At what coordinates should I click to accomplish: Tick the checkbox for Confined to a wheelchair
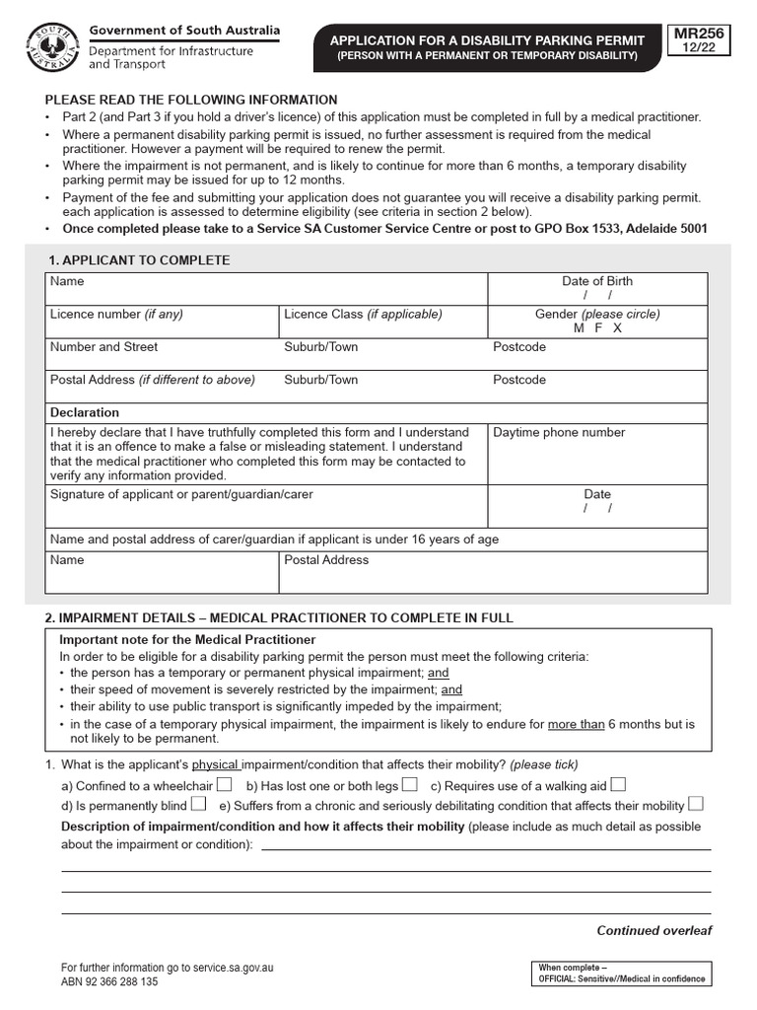tap(224, 785)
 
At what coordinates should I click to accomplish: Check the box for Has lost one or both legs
tap(409, 785)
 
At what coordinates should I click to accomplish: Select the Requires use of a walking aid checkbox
tap(618, 785)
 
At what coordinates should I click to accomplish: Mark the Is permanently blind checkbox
tap(198, 804)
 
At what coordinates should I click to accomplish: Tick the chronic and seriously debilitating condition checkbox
tap(696, 804)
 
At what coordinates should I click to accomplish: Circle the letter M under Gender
tap(579, 328)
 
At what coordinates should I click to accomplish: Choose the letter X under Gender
tap(617, 328)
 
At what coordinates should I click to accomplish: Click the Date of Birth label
tap(597, 281)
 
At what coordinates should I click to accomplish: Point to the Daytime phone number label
tap(559, 432)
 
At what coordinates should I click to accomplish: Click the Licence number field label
tap(116, 315)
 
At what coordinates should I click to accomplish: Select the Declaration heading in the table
tap(85, 412)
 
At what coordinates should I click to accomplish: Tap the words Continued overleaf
tap(654, 930)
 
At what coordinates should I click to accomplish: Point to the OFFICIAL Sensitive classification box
tap(621, 973)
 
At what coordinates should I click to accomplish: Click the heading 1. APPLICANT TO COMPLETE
tap(139, 260)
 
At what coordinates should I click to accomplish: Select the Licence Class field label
tap(363, 315)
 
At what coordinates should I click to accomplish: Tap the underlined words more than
tap(576, 724)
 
